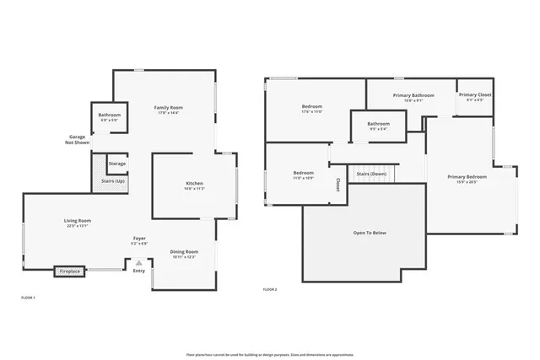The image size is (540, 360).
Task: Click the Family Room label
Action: point(168,109)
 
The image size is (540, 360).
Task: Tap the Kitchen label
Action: point(194,184)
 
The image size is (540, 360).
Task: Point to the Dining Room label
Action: point(184,252)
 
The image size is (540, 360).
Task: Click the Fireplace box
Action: point(70,271)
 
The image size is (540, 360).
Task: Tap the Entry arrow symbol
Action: point(139,262)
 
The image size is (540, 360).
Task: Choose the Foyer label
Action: point(139,239)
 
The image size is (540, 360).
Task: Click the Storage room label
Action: point(117,164)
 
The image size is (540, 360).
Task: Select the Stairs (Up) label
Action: point(113,181)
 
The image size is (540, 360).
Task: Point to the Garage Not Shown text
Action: point(77,140)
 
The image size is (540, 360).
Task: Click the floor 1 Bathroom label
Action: point(109,116)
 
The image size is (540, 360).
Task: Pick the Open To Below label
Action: point(369,233)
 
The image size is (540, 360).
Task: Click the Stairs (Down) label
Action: point(371,174)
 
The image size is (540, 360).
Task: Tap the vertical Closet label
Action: point(338,184)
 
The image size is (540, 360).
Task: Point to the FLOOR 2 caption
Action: point(270,289)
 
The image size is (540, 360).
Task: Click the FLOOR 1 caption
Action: point(28,298)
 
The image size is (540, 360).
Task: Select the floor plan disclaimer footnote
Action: point(270,354)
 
